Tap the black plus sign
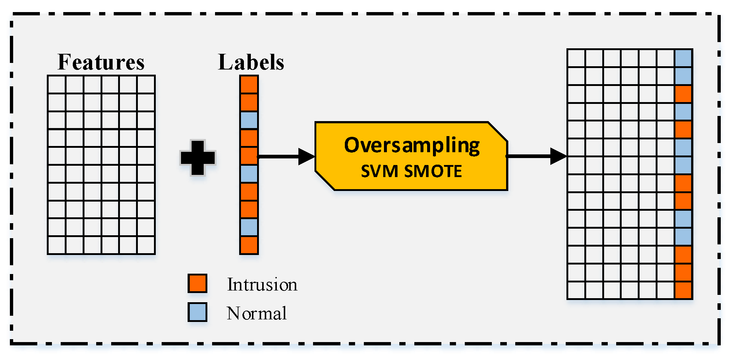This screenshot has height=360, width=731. tap(198, 158)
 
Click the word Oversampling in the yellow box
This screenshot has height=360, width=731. tap(412, 146)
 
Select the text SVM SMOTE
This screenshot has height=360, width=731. tap(411, 171)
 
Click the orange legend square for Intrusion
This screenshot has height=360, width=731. tap(197, 283)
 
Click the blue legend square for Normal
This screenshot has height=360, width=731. tap(197, 312)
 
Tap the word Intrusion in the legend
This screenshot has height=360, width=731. tap(262, 284)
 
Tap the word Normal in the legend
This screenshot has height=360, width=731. tap(257, 313)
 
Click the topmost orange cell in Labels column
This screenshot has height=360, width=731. tap(249, 85)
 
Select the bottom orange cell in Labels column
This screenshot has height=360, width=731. tap(249, 245)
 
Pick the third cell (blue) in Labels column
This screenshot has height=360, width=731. tap(249, 120)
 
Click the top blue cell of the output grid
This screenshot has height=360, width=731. tap(683, 58)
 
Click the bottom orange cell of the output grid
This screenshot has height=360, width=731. tap(683, 290)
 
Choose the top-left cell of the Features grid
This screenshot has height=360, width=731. tap(57, 85)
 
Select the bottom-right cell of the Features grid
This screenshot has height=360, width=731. tap(146, 245)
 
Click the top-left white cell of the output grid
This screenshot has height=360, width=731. tap(576, 58)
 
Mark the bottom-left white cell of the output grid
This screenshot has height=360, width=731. tap(576, 290)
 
